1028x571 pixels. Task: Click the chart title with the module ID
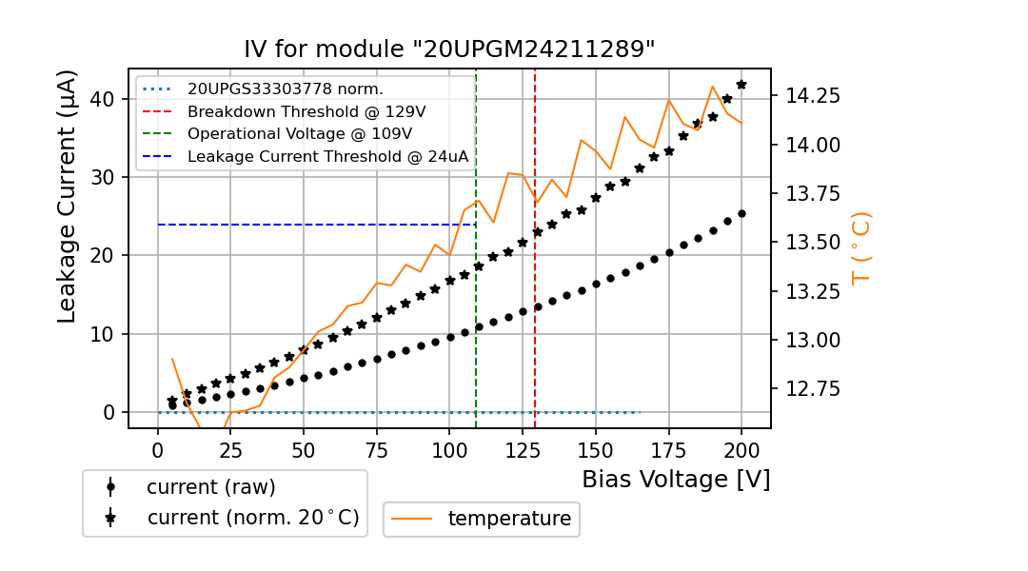(x=449, y=49)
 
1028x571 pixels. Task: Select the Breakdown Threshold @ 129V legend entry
(x=306, y=111)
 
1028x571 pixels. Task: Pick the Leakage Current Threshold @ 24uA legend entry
(x=327, y=157)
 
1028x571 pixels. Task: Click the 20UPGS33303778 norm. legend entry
(x=285, y=89)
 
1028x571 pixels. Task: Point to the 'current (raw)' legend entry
(x=210, y=487)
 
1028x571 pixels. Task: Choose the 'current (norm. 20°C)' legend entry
(x=252, y=518)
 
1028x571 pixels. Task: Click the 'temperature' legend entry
(x=509, y=519)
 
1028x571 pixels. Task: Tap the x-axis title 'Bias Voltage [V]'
(x=676, y=479)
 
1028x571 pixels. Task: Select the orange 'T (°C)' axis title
(x=860, y=247)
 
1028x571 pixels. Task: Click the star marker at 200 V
(x=741, y=85)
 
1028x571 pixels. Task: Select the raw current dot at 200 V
(x=741, y=213)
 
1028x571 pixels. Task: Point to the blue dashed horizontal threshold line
(x=314, y=225)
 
